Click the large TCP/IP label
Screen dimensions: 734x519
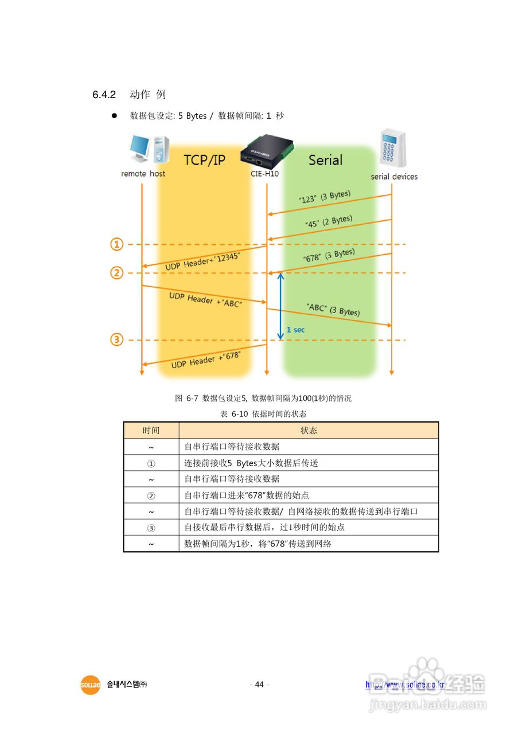tap(205, 160)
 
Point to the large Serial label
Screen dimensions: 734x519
tap(325, 160)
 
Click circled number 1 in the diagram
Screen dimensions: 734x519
tap(117, 245)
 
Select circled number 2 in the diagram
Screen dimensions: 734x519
tap(117, 273)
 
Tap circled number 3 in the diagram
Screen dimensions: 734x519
tap(117, 340)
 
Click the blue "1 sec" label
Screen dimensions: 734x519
tap(296, 330)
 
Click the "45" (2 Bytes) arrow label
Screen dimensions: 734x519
tap(330, 221)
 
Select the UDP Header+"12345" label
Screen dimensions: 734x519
tap(202, 262)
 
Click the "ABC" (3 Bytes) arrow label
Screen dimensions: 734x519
tap(333, 310)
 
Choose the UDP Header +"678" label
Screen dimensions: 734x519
tap(205, 360)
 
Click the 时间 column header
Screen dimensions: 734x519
tap(151, 431)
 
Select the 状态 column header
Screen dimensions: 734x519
tap(309, 431)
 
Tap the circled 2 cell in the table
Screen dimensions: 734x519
tap(151, 495)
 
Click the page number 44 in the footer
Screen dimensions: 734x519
tap(259, 685)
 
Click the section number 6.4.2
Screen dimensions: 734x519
tap(104, 95)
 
